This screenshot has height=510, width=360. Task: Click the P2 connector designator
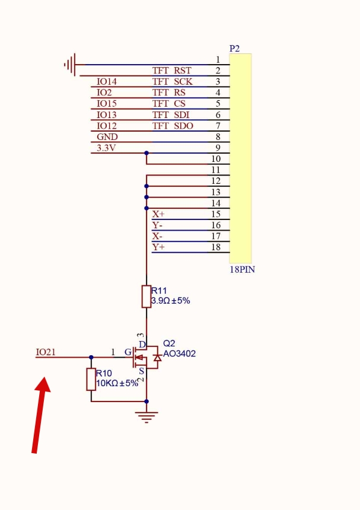234,49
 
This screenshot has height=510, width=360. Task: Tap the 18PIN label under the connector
243,270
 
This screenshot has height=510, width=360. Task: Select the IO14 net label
107,82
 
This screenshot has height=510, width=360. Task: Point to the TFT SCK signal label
173,82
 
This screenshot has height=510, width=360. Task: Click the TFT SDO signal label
173,126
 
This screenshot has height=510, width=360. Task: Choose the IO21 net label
46,352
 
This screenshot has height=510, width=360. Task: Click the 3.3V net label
106,148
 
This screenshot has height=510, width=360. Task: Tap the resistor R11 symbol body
146,297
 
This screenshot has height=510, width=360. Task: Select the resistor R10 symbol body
91,380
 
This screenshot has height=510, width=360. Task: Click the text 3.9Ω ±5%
170,301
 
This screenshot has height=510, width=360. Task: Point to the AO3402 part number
180,353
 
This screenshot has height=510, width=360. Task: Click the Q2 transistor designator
169,343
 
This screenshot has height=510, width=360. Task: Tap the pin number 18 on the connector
216,247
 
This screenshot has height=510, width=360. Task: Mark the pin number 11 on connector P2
216,170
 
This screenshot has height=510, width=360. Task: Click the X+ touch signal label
158,214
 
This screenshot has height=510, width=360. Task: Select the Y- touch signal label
157,225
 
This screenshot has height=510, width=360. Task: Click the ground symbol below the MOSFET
146,417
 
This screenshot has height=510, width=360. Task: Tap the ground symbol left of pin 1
70,65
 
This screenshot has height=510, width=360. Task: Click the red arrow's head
43,385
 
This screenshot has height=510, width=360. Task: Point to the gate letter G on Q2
128,352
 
